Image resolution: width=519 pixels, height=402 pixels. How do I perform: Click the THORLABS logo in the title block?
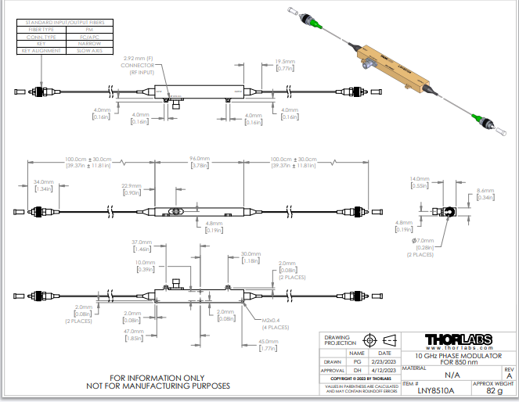(x=458, y=339)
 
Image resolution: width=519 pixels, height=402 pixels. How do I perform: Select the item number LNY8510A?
(x=431, y=389)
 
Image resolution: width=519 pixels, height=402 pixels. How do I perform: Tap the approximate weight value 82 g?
(x=494, y=389)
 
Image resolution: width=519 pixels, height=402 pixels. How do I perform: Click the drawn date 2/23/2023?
(x=384, y=362)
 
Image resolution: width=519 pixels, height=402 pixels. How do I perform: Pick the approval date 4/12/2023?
(x=384, y=371)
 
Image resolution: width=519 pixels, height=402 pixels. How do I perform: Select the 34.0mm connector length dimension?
(x=43, y=182)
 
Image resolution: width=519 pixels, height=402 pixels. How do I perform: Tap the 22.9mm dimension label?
(x=131, y=187)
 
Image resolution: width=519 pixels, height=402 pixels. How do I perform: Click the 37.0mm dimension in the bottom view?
(x=141, y=242)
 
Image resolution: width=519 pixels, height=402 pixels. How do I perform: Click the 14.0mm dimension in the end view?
(x=420, y=179)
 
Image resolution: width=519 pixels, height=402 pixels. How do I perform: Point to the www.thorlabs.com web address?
(x=458, y=347)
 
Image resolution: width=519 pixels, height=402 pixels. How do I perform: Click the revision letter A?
(x=509, y=375)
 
